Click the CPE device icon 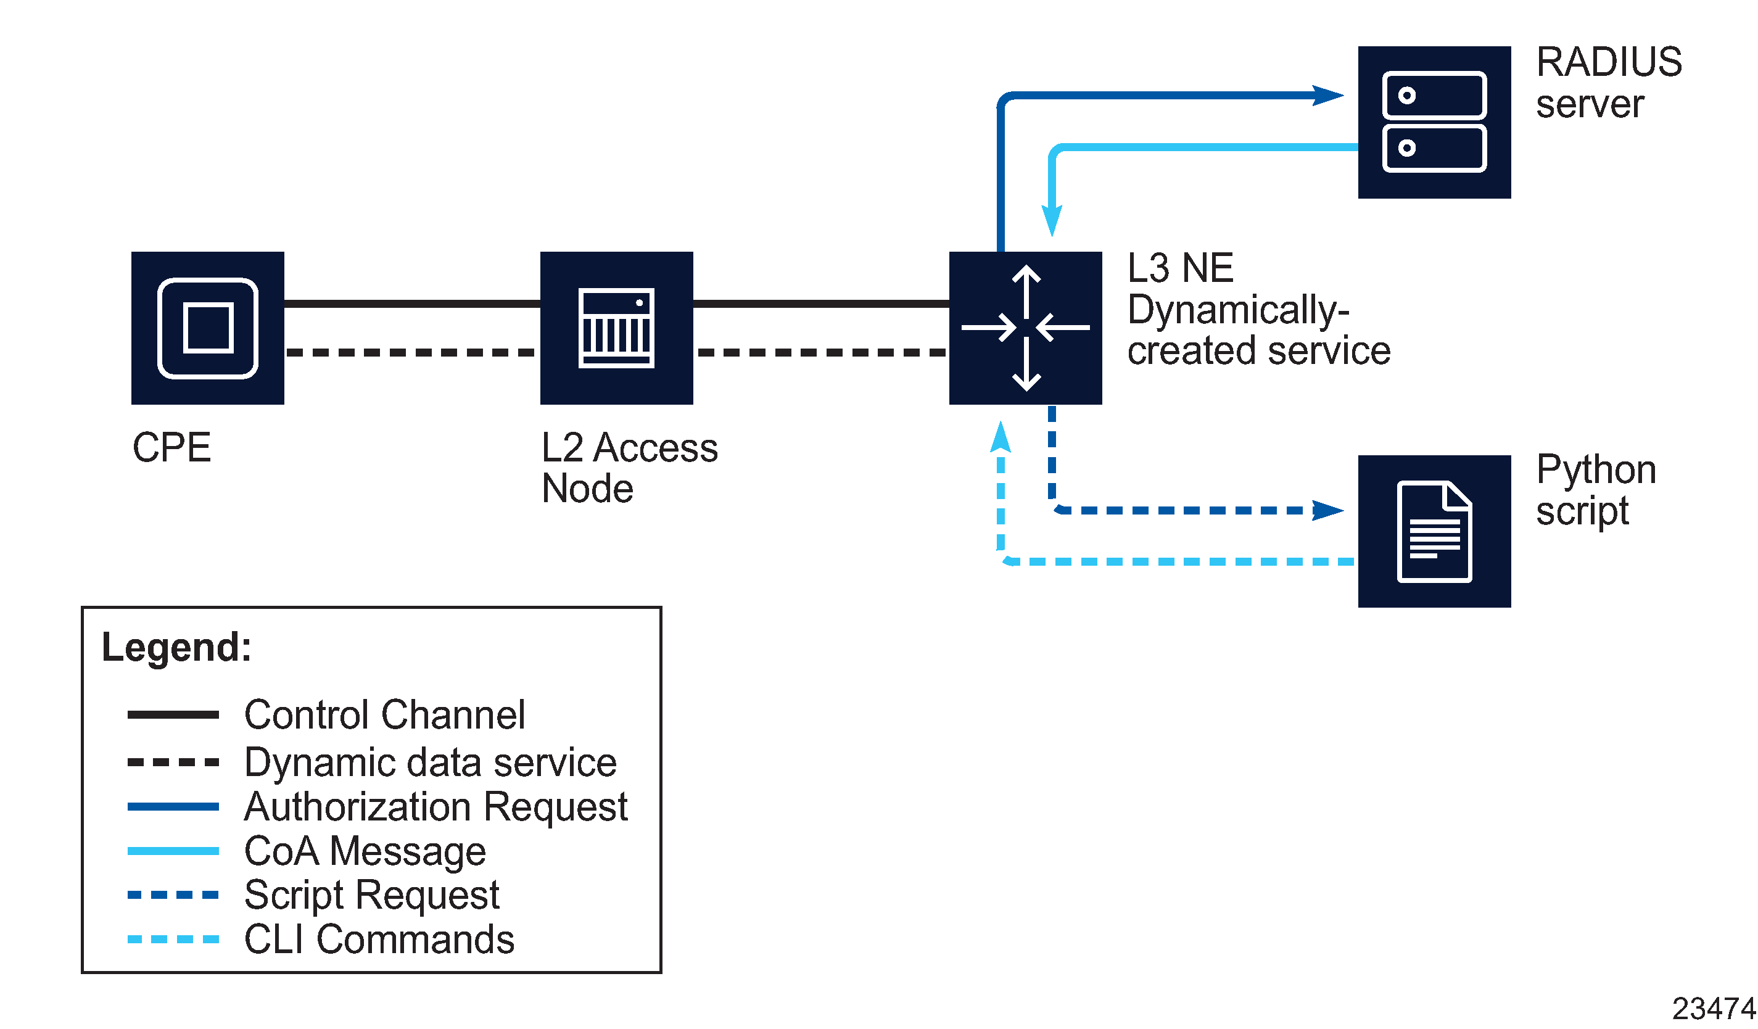tap(207, 328)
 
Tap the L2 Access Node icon tap(616, 328)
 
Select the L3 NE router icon tap(1025, 328)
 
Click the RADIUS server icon tap(1434, 122)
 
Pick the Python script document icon tap(1434, 531)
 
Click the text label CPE tap(171, 447)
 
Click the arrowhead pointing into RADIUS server tap(1327, 95)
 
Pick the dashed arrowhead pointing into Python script tap(1327, 510)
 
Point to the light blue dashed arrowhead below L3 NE tap(1001, 437)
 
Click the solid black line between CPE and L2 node tap(411, 304)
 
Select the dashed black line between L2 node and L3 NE tap(821, 352)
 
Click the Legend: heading tap(176, 647)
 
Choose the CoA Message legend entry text tap(365, 851)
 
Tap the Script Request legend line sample tap(173, 895)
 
